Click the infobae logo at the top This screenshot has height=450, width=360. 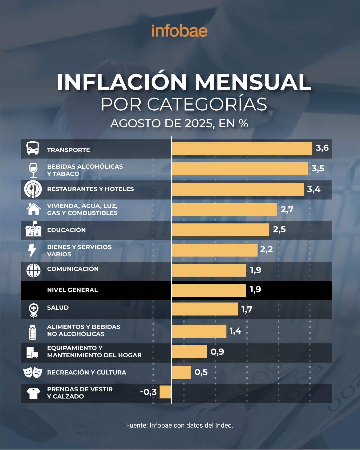pyautogui.click(x=179, y=31)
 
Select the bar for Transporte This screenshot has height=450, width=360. pyautogui.click(x=242, y=149)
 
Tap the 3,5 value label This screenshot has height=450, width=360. pyautogui.click(x=318, y=169)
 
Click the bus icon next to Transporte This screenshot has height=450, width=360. pyautogui.click(x=33, y=148)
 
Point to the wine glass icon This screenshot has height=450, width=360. pyautogui.click(x=33, y=170)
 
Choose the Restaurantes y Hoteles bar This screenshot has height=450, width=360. pyautogui.click(x=238, y=189)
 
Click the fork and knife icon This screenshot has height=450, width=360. pyautogui.click(x=33, y=189)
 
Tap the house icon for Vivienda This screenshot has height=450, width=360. pyautogui.click(x=33, y=209)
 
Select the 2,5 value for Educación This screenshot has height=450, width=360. pyautogui.click(x=279, y=229)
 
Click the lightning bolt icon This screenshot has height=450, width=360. pyautogui.click(x=32, y=250)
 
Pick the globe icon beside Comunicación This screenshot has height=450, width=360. pyautogui.click(x=33, y=270)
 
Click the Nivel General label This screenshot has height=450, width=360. pyautogui.click(x=72, y=290)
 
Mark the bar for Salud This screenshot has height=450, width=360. pyautogui.click(x=205, y=309)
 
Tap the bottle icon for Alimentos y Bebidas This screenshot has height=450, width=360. pyautogui.click(x=33, y=332)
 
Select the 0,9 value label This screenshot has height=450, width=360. pyautogui.click(x=217, y=352)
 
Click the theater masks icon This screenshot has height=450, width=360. pyautogui.click(x=33, y=372)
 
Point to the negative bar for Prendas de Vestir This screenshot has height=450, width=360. pyautogui.click(x=165, y=392)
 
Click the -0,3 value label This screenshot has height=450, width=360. pyautogui.click(x=148, y=392)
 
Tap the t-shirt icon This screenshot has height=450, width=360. pyautogui.click(x=33, y=393)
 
